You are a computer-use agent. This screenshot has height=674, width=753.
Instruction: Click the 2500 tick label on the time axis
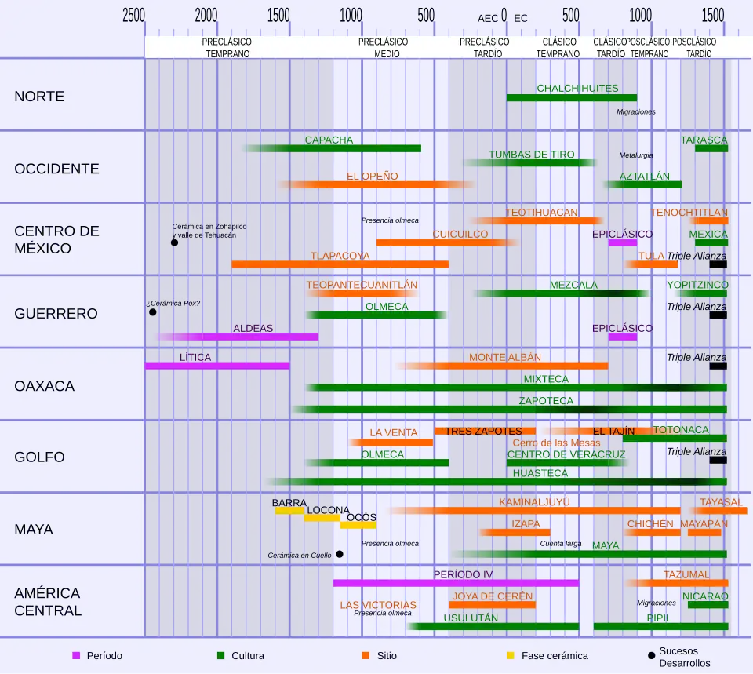click(134, 16)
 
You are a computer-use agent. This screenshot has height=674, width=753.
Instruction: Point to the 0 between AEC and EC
click(504, 16)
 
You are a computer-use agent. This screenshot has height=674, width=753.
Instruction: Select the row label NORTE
click(39, 97)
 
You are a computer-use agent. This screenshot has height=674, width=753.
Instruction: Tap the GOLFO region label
click(39, 457)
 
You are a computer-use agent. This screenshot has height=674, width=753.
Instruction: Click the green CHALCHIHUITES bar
click(571, 98)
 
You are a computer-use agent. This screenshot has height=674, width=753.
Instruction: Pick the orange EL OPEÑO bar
click(376, 185)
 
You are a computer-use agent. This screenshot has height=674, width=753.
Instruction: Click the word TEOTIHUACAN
click(542, 213)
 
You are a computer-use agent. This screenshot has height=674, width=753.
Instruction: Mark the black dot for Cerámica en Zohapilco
click(174, 242)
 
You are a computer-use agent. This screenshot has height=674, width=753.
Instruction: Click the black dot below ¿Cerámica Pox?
click(153, 312)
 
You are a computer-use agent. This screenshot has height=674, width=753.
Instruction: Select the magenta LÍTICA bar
click(216, 366)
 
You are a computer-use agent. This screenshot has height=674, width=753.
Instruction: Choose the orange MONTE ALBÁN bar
click(502, 366)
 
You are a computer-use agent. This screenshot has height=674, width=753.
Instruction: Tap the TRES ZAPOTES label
click(483, 431)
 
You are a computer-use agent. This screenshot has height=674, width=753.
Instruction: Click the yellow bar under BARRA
click(289, 511)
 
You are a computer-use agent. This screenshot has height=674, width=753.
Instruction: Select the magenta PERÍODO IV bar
click(456, 583)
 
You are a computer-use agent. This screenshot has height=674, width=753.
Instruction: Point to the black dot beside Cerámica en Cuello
click(340, 554)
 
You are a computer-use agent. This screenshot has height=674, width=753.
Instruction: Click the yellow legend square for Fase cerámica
click(510, 655)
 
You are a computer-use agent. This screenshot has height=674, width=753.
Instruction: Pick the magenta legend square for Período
click(76, 655)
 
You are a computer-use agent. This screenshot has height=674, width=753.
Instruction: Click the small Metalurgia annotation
click(635, 155)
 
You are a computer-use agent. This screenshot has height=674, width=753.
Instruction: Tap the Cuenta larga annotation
click(560, 543)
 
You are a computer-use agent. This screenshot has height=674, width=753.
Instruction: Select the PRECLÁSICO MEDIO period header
click(384, 48)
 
